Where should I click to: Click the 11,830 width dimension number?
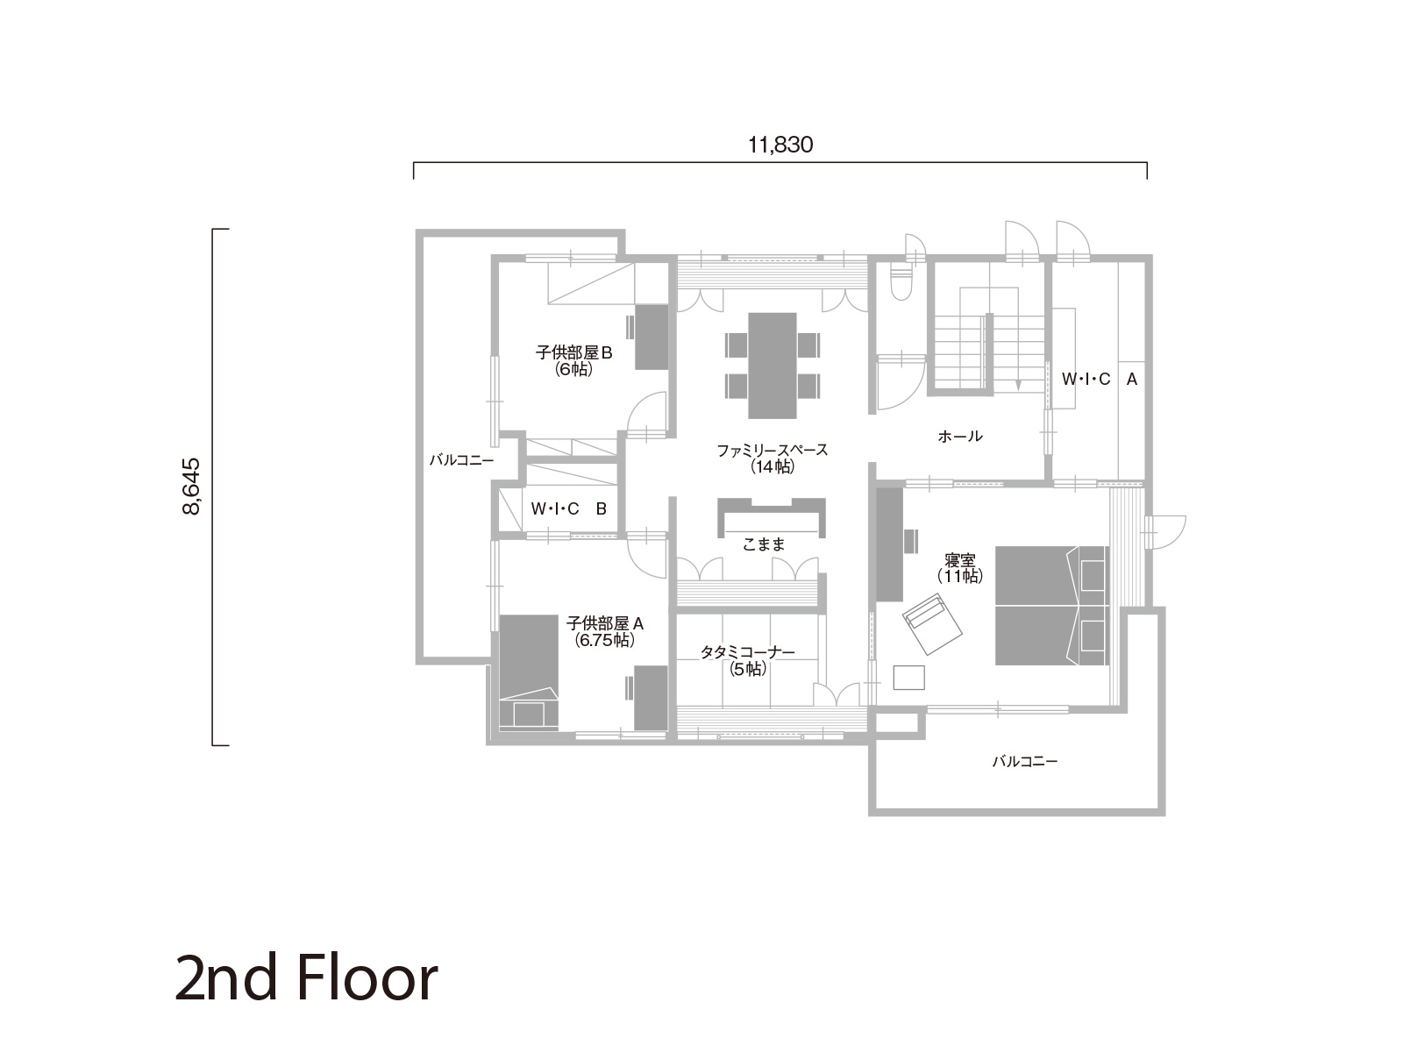tap(780, 145)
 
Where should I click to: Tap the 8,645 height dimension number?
tap(191, 486)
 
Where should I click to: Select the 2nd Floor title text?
tap(306, 977)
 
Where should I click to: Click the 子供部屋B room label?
tap(573, 352)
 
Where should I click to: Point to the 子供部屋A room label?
tap(605, 622)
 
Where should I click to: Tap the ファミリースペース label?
tap(773, 451)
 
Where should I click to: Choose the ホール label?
tap(960, 437)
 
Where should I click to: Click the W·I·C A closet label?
tap(1100, 379)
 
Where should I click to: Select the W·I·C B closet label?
tap(568, 508)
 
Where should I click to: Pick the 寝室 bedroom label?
tap(960, 560)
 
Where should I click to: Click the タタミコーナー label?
tap(747, 652)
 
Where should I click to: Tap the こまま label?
tap(764, 544)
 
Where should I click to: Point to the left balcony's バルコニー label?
tap(461, 460)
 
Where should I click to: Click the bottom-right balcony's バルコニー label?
tap(1024, 761)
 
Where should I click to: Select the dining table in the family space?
tap(773, 366)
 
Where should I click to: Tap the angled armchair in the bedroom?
tap(933, 623)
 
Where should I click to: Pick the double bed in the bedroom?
tap(1051, 606)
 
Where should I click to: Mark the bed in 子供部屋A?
tap(529, 672)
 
